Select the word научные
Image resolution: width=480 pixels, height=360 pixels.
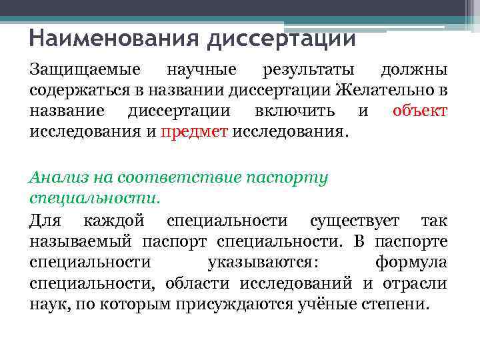pos(201,70)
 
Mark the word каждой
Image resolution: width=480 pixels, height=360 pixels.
pos(113,220)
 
